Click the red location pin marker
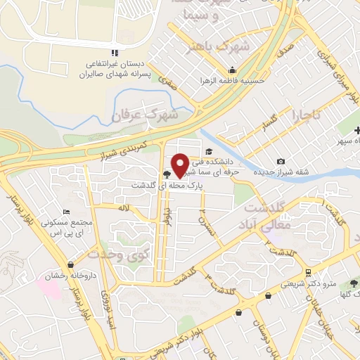(x=180, y=165)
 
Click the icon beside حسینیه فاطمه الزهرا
(x=232, y=70)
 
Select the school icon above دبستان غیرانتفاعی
(x=114, y=53)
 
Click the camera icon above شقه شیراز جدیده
(x=282, y=161)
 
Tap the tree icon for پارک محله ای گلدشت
(x=167, y=175)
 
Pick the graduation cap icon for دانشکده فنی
(x=208, y=151)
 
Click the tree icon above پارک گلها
(x=354, y=283)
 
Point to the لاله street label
(x=125, y=208)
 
